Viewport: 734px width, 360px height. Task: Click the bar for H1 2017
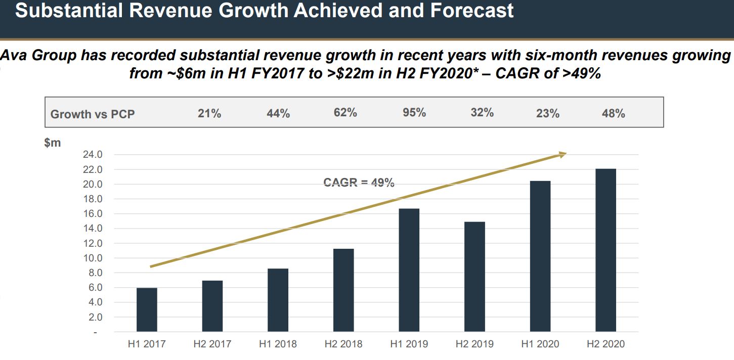click(147, 309)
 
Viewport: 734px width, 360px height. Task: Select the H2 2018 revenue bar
click(343, 290)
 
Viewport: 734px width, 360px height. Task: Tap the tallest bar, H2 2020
click(606, 250)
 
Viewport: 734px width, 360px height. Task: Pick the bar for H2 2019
click(474, 277)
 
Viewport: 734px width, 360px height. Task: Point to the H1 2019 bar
click(409, 270)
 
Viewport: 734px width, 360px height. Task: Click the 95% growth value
click(414, 113)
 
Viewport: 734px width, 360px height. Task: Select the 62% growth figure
click(346, 113)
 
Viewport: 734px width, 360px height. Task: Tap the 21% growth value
click(209, 113)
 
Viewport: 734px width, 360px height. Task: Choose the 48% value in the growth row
click(614, 113)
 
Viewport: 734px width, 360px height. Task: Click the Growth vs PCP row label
click(93, 114)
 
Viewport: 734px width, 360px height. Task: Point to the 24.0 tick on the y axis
click(92, 155)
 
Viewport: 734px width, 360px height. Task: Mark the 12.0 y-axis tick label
click(92, 243)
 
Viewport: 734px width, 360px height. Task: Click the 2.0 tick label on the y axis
click(95, 317)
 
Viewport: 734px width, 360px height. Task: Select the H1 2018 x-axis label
click(278, 344)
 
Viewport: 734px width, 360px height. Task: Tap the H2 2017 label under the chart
click(212, 344)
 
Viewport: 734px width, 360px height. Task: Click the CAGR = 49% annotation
click(359, 183)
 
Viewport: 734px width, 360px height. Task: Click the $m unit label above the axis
click(52, 143)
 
